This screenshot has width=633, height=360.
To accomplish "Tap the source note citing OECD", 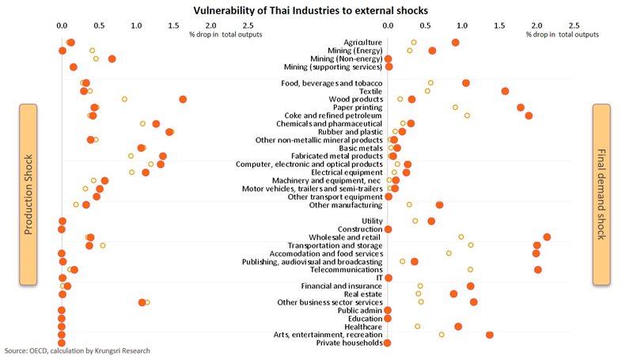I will coord(77,351).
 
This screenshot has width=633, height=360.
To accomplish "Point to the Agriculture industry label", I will coord(363,42).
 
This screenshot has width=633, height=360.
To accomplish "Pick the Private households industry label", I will coord(349,343).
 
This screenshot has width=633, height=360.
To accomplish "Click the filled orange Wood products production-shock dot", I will coord(183,99).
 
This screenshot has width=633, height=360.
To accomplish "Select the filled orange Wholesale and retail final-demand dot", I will coord(547,237).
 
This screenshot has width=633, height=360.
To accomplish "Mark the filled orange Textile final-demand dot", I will coord(505,91).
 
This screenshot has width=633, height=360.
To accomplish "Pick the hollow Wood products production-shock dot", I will coord(124,99).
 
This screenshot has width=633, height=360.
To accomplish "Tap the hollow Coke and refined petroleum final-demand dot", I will coord(467,116).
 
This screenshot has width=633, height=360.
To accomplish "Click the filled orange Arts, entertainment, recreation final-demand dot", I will coord(490,335).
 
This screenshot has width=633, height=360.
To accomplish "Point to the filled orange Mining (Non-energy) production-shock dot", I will coord(112,59).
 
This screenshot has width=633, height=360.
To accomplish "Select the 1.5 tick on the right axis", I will coord(500,25).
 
